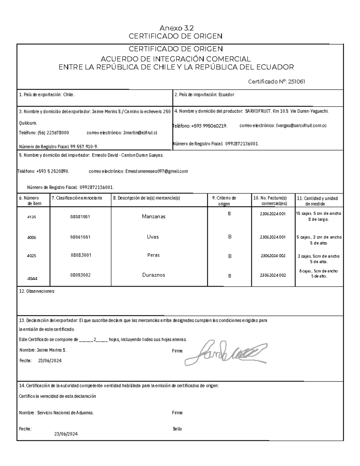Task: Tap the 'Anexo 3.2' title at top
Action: (176, 29)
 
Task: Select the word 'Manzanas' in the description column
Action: (154, 217)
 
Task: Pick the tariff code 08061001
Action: (80, 237)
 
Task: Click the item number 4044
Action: (32, 278)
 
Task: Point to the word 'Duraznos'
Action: (154, 275)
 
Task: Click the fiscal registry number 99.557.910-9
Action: (84, 147)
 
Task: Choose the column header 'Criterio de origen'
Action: (224, 201)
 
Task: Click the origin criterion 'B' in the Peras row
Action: (230, 256)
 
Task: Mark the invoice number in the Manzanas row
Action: (273, 214)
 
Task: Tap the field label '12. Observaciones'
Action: (37, 291)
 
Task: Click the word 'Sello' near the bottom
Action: (177, 429)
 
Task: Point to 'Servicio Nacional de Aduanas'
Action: (65, 413)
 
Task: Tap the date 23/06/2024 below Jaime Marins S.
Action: (50, 361)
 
